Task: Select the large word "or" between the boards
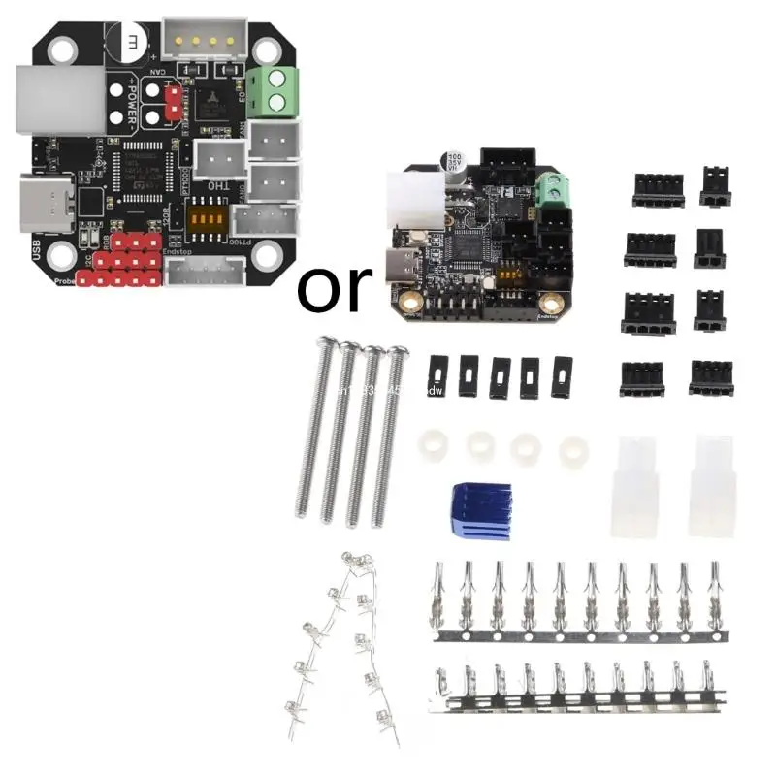tap(334, 285)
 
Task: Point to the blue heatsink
tap(477, 506)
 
